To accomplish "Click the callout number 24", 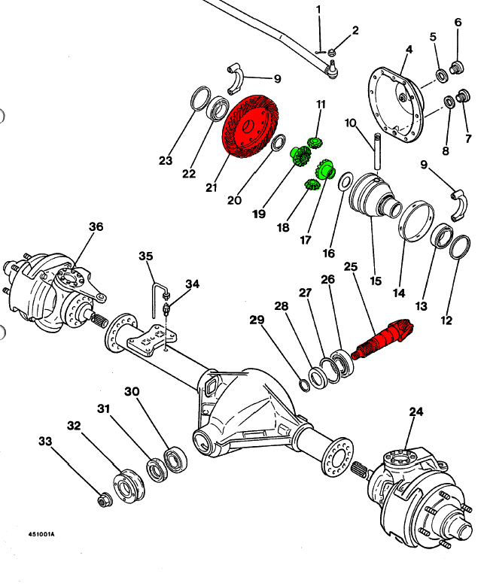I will (416, 411).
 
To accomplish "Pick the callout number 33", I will (46, 442).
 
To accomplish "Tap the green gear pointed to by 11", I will (315, 141).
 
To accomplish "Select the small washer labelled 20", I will (277, 143).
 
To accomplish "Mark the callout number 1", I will (318, 9).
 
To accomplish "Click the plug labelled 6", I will (456, 68).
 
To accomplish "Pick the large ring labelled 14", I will (413, 219).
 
